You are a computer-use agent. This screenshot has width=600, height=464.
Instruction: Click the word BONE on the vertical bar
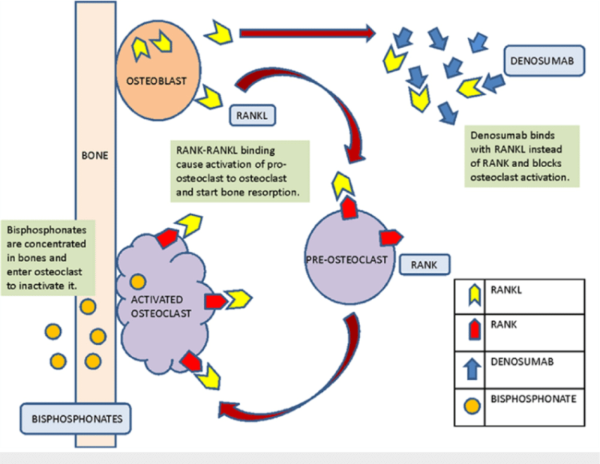(x=95, y=158)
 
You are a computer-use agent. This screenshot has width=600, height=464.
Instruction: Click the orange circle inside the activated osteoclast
(x=137, y=283)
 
